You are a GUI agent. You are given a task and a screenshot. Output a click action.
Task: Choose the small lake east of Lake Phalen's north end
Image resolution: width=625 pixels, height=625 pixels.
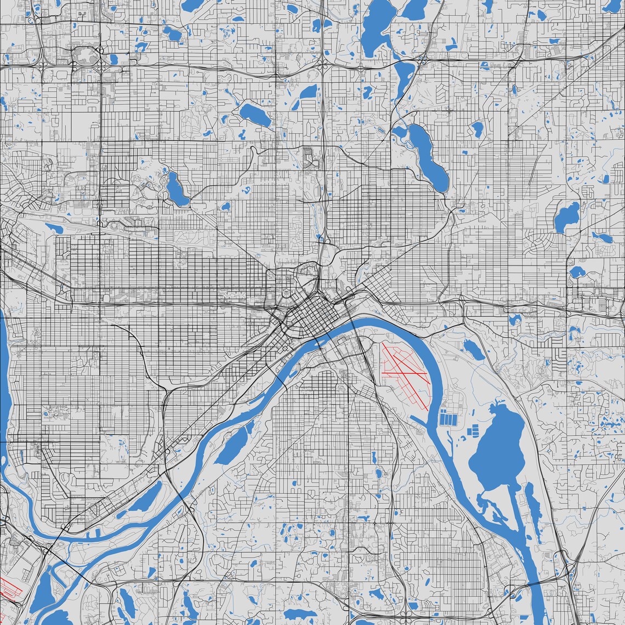[476, 129]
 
